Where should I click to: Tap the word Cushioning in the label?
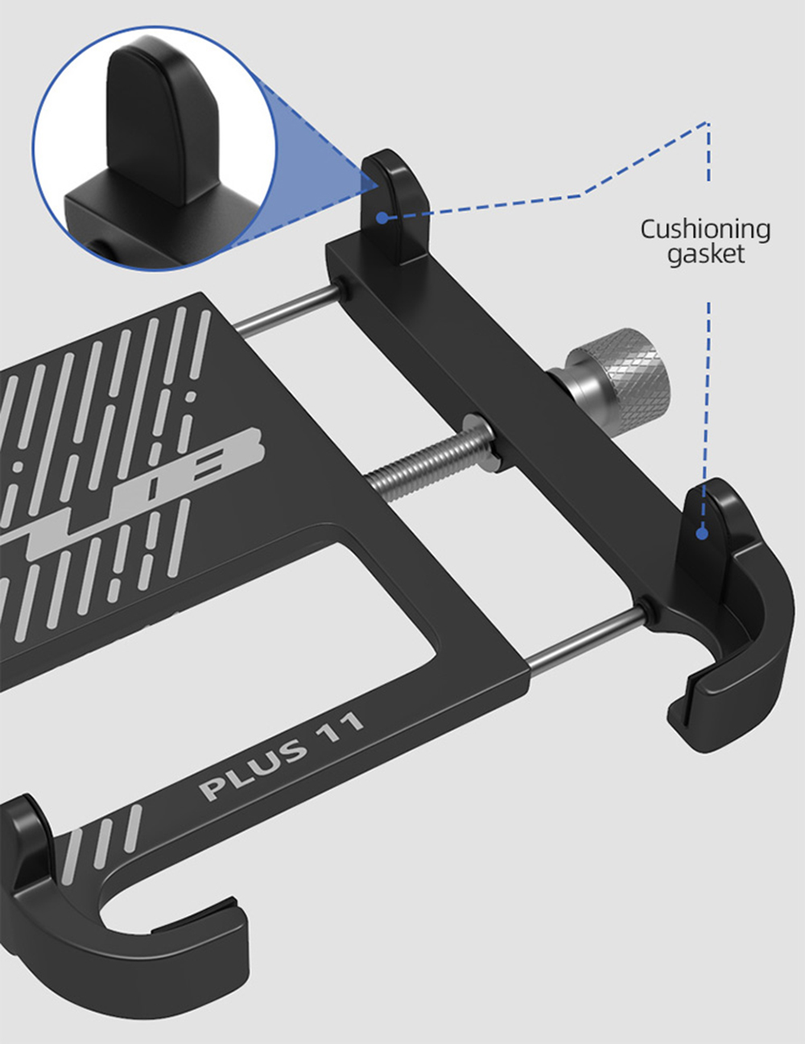(x=705, y=229)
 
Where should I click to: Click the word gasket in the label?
(x=706, y=254)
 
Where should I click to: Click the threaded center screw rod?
(x=419, y=462)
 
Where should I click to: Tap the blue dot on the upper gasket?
(x=382, y=217)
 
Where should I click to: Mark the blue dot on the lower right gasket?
(x=702, y=533)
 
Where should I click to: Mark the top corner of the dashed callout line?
(x=708, y=123)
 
